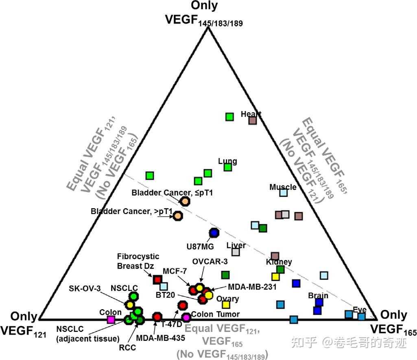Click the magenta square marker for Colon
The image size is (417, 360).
111,319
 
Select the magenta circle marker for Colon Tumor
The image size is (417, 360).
186,317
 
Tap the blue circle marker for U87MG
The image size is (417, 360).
214,233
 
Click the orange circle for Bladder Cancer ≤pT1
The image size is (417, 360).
185,201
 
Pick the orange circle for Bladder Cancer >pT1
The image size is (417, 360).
178,215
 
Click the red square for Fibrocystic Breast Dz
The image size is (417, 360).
157,279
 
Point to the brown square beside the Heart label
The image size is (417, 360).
253,120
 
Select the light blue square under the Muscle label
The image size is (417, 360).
283,192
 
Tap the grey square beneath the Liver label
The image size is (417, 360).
236,252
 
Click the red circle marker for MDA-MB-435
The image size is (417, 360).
157,316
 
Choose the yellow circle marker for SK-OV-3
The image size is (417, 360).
130,304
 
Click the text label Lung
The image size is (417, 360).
227,161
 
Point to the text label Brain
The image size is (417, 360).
318,295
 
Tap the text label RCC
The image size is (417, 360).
128,347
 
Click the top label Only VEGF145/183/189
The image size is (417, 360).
204,14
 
